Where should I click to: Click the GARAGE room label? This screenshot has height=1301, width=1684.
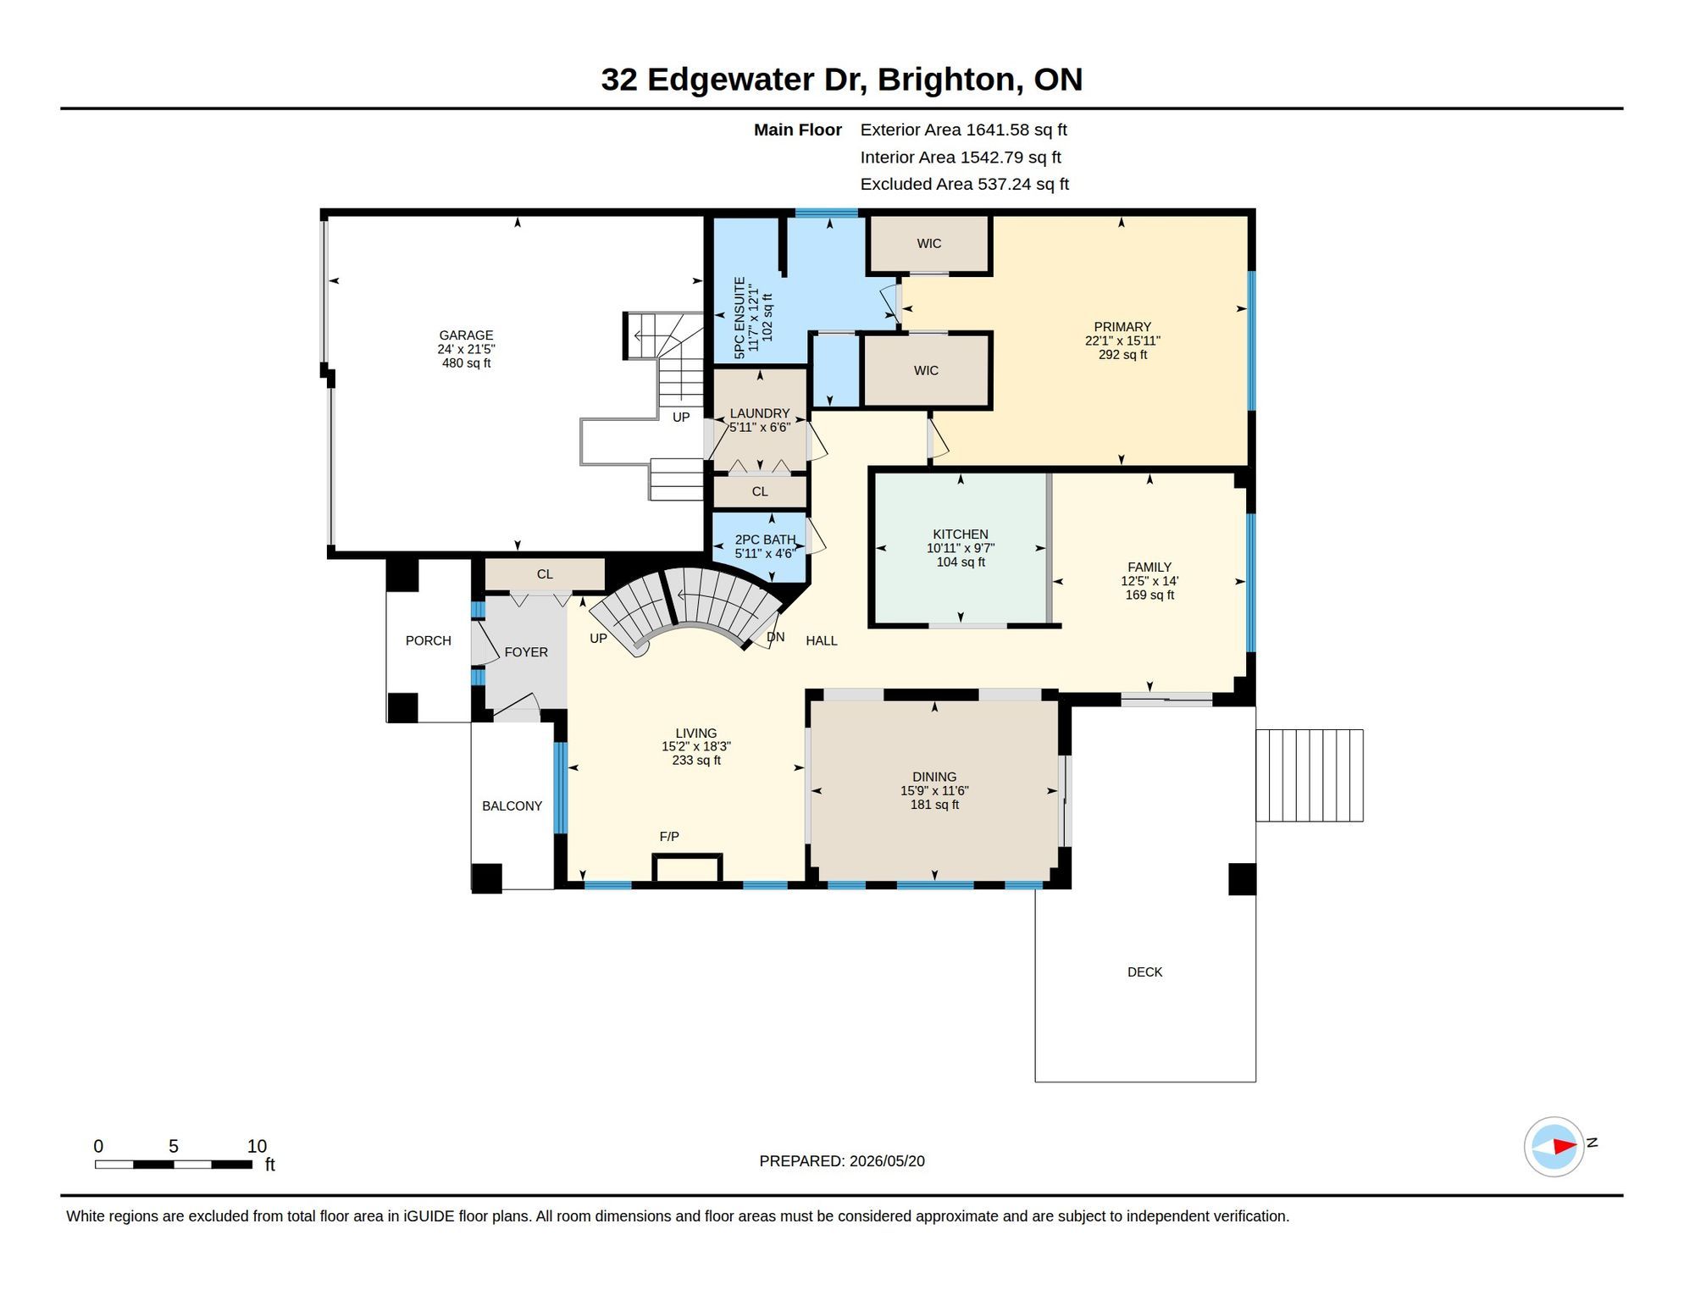pos(466,335)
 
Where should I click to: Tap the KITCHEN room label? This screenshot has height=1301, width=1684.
pos(961,534)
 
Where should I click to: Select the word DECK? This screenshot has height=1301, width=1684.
pos(1144,972)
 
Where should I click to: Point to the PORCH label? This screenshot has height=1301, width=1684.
pos(428,641)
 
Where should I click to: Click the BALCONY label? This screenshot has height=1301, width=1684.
pos(512,806)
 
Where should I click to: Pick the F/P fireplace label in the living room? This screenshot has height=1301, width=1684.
pos(669,837)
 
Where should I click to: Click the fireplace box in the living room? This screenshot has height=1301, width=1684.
pos(687,868)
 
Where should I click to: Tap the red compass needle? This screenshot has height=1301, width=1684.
pos(1564,1147)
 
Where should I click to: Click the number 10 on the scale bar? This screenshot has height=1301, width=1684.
pos(257,1146)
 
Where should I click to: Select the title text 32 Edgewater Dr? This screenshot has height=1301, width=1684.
pos(733,80)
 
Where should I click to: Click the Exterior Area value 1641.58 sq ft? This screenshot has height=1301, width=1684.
pos(1016,130)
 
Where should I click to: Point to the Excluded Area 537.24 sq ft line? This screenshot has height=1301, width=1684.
pos(965,184)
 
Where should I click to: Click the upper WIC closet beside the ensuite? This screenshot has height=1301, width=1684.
pos(929,244)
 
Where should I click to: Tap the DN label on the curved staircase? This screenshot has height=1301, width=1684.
pos(776,638)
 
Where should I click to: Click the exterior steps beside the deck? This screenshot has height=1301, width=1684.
pos(1310,775)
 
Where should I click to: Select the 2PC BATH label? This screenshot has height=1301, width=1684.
pos(765,540)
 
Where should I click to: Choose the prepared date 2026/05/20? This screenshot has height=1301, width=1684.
pos(884,1161)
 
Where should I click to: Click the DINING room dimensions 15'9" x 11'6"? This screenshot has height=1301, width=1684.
pos(934,791)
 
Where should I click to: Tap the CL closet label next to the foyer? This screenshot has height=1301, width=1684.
pos(545,574)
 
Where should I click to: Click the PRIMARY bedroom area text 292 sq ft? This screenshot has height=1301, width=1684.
pos(1122,355)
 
